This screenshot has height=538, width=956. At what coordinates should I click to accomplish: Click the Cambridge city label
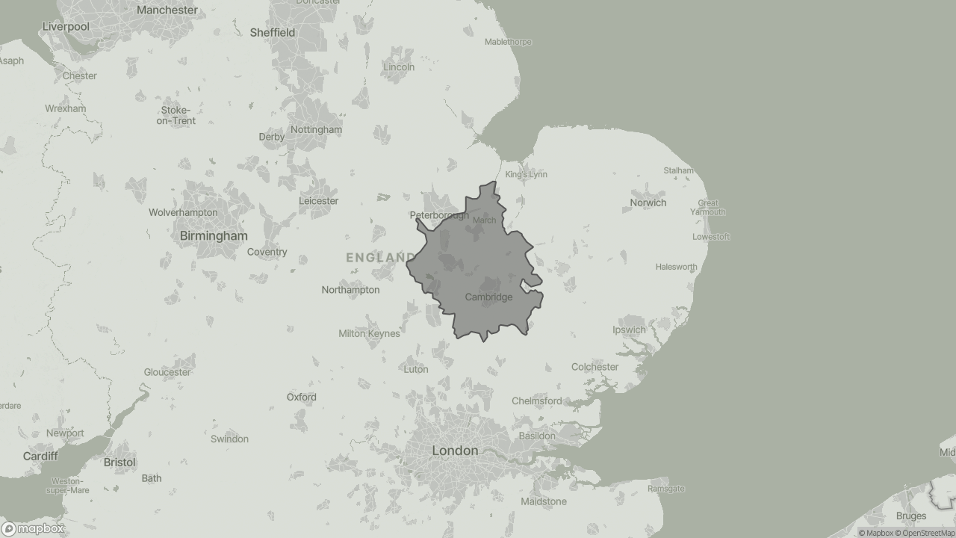[488, 297]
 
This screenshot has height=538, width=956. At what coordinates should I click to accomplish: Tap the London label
[455, 451]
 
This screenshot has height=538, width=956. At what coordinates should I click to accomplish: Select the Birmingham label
[214, 236]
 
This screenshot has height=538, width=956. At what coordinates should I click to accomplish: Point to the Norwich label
[648, 202]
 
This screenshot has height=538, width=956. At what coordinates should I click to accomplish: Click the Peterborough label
[439, 216]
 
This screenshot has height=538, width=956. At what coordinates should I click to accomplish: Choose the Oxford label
[301, 398]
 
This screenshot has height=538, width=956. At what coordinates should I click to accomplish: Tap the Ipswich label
[629, 330]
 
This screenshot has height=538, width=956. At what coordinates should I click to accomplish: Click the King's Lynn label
[526, 175]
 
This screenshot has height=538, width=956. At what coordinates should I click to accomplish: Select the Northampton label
[350, 290]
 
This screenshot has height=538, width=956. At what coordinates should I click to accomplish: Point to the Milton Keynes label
[369, 334]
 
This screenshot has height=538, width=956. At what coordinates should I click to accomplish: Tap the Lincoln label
[398, 67]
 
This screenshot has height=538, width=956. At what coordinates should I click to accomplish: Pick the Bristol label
[119, 463]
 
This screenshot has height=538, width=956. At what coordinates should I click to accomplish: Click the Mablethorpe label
[508, 42]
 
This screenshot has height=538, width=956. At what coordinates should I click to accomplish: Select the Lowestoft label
[710, 237]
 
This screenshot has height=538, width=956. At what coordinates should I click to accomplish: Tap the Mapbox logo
[33, 529]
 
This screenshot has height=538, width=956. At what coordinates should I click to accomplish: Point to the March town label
[484, 220]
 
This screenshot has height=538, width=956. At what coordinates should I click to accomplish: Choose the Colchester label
[595, 367]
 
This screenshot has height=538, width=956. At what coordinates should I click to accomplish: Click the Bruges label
[910, 516]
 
